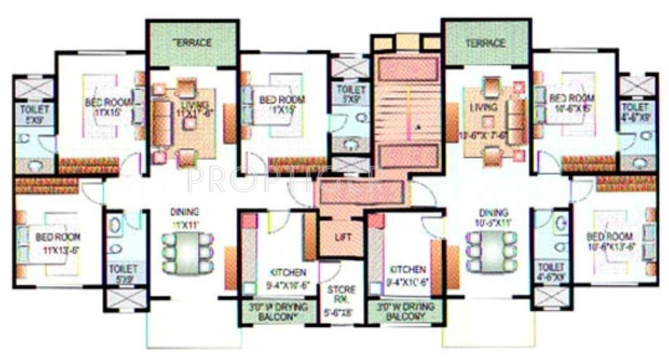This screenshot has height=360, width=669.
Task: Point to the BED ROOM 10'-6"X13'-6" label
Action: pyautogui.click(x=611, y=240)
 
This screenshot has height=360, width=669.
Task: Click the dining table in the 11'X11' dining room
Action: pyautogui.click(x=188, y=253)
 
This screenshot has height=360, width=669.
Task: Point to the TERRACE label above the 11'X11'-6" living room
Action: pyautogui.click(x=192, y=43)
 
